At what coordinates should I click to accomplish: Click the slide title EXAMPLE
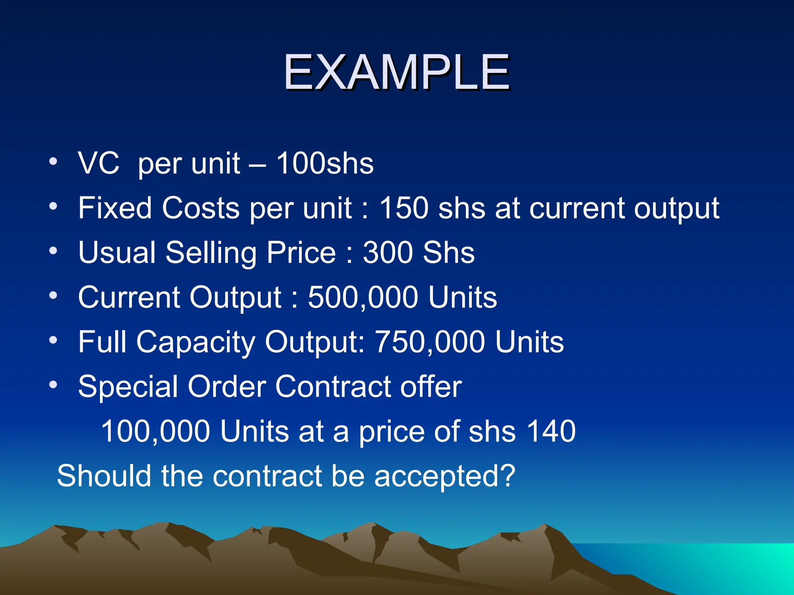tap(396, 72)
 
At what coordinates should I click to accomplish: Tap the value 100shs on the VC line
tap(325, 163)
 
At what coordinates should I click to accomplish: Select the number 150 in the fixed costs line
tap(403, 208)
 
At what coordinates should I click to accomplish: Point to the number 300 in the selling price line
tap(388, 253)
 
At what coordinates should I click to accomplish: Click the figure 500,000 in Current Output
tap(363, 297)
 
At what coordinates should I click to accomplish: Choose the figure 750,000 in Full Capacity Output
tap(430, 342)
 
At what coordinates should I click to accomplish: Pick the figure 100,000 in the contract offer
tap(155, 431)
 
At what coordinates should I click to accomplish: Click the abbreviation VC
tap(98, 163)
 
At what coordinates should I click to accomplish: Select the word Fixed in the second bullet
tap(115, 208)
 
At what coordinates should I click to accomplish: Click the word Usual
tap(117, 253)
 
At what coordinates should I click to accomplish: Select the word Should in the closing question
tap(104, 476)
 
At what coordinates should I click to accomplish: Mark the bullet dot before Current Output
tap(53, 296)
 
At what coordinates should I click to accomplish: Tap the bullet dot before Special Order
tap(53, 385)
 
